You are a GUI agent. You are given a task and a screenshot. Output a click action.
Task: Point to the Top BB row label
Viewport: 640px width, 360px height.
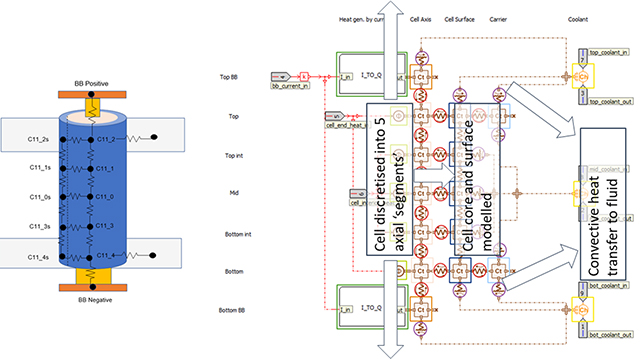click(228, 76)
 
